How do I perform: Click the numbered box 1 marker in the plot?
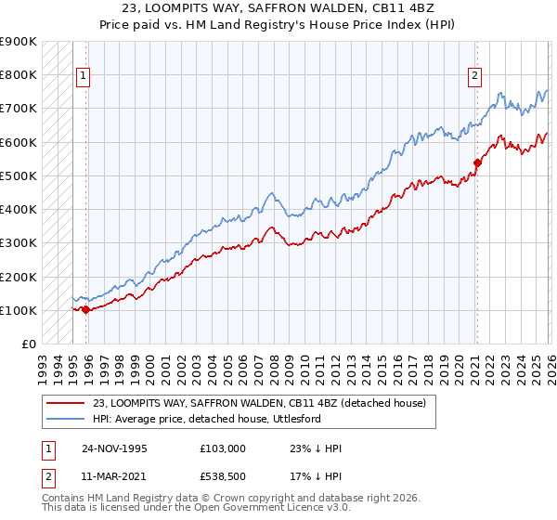[x=84, y=76]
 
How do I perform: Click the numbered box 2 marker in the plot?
[x=474, y=76]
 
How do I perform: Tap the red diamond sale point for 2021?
[x=477, y=162]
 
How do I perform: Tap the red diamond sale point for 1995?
[x=86, y=309]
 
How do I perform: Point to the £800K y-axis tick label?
[x=19, y=74]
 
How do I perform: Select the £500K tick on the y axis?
[x=19, y=175]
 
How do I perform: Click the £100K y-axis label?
[x=19, y=310]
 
